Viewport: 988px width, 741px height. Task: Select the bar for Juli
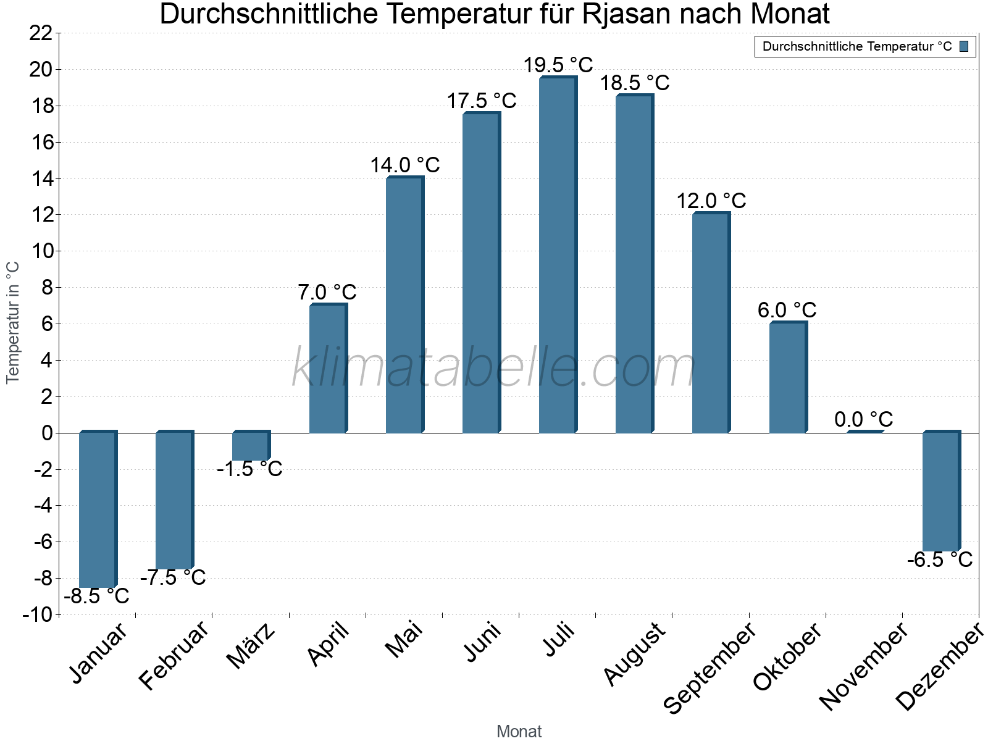[558, 254]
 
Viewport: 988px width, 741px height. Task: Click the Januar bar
[98, 509]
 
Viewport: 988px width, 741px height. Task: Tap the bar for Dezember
[941, 492]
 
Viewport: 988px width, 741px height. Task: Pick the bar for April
[328, 369]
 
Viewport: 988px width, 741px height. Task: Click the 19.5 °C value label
[558, 65]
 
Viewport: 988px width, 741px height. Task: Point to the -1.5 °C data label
[249, 469]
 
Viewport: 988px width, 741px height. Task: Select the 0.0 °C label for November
[863, 420]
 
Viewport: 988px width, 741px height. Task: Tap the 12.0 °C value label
[711, 201]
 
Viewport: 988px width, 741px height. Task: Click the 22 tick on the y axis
[41, 33]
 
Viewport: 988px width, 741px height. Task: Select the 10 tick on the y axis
[41, 251]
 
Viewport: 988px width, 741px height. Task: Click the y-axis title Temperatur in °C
[13, 322]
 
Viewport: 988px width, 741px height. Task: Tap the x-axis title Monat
[519, 732]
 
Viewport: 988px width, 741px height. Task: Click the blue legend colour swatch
[964, 46]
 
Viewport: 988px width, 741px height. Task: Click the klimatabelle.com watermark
[494, 369]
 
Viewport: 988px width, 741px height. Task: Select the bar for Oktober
[788, 378]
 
